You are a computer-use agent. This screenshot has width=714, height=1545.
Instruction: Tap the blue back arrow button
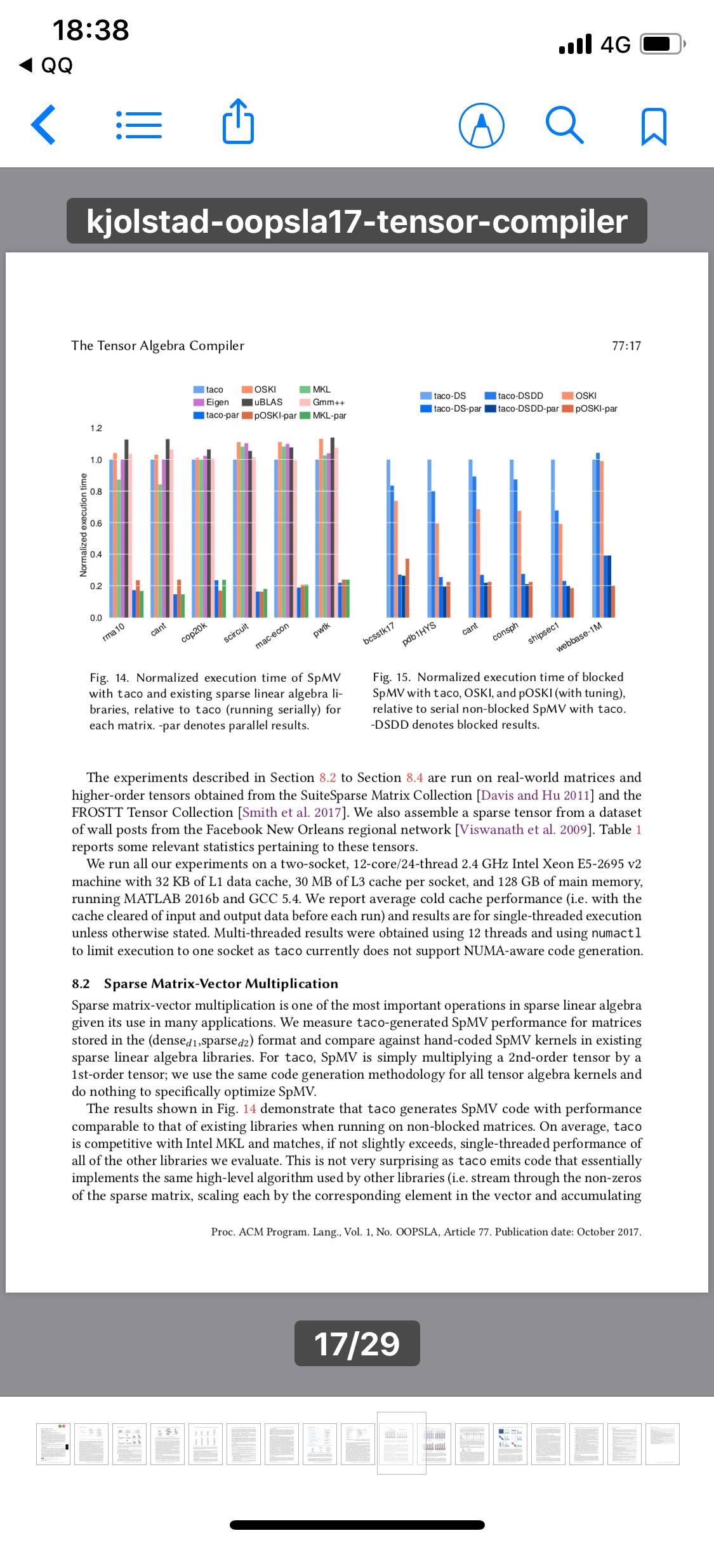click(x=43, y=124)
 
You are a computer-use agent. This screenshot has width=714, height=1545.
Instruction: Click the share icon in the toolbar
click(x=239, y=122)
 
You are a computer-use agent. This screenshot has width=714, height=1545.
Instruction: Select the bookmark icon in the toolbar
click(x=654, y=126)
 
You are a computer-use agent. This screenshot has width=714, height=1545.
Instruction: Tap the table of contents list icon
click(x=139, y=125)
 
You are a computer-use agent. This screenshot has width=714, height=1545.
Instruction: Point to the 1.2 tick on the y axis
click(x=95, y=428)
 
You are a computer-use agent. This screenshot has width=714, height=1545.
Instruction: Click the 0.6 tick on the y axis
click(x=95, y=523)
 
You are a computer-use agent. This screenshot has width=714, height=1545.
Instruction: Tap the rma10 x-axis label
click(x=114, y=631)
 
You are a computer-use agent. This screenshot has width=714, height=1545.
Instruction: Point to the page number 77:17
click(x=626, y=346)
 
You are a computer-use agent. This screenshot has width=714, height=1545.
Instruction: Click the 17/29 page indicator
click(x=357, y=1343)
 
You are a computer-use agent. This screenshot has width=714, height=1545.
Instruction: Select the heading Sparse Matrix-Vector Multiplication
click(x=221, y=984)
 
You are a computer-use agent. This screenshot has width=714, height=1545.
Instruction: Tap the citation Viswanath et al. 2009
click(x=527, y=830)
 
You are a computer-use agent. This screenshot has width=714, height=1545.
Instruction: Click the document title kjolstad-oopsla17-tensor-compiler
click(x=357, y=221)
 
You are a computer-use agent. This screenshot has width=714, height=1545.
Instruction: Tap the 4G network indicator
click(x=615, y=44)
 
